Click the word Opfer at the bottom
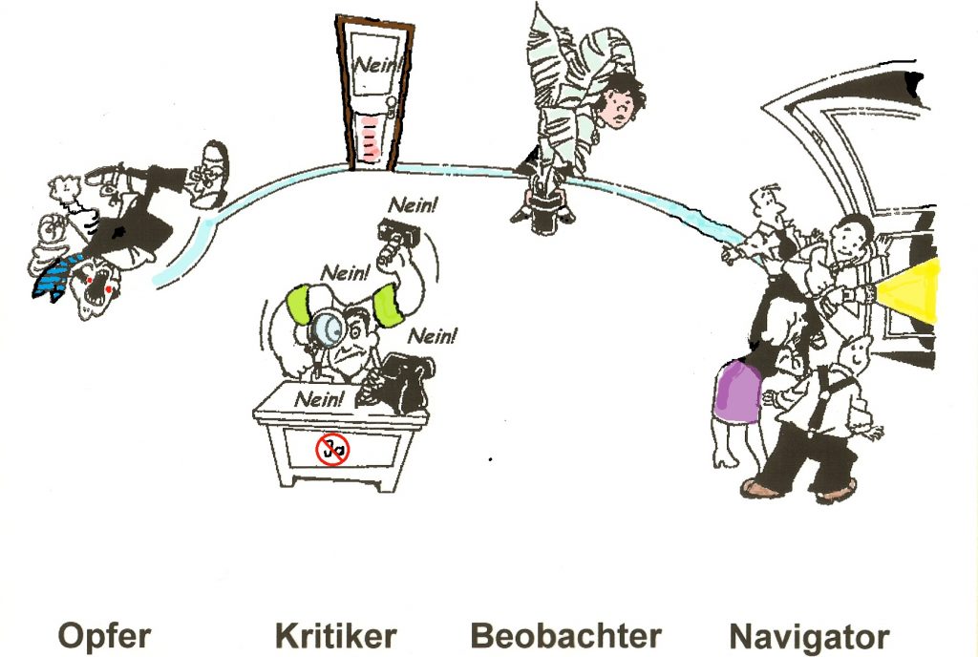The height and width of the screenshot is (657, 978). [x=104, y=636]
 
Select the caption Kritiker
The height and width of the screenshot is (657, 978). [x=335, y=636]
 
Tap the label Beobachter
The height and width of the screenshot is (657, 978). [x=565, y=636]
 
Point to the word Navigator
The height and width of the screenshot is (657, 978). [x=809, y=636]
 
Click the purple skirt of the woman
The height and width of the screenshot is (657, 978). [x=736, y=392]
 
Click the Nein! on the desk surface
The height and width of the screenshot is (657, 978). [x=318, y=399]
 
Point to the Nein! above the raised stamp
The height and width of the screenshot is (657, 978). [x=414, y=204]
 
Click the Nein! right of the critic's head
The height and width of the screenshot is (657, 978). [x=432, y=336]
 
